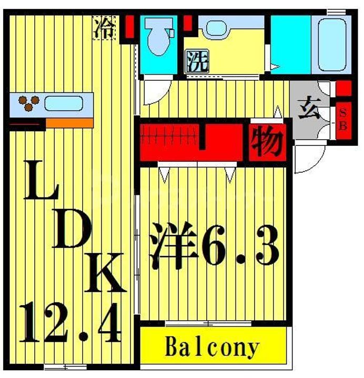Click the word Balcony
212,348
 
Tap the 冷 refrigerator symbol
104,28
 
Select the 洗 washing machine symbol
197,61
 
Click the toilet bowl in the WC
158,36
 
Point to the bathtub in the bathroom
332,45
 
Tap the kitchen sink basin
64,103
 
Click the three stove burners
29,103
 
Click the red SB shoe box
343,121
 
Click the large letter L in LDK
42,180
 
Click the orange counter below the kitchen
69,123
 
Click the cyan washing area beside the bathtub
290,45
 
